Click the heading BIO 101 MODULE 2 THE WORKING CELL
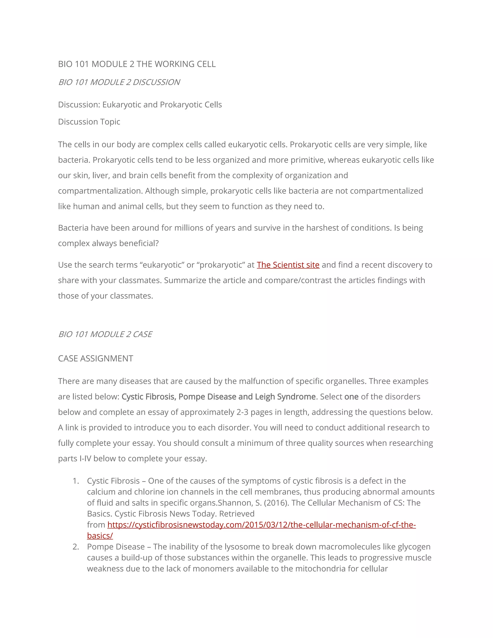(137, 64)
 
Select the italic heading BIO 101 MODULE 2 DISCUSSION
(119, 82)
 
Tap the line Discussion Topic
(89, 122)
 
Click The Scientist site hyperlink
(288, 265)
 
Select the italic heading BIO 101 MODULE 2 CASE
(105, 334)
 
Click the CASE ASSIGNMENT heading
(96, 358)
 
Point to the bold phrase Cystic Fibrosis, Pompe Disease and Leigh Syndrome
(219, 397)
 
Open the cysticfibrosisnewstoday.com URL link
(261, 525)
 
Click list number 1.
(76, 481)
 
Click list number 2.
(76, 547)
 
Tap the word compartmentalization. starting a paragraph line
(100, 191)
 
